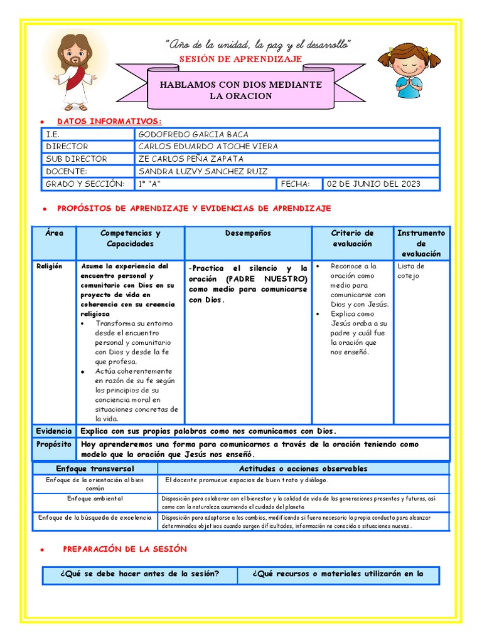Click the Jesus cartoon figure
click(75, 70)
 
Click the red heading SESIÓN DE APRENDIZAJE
click(241, 59)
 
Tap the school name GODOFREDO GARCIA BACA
click(193, 134)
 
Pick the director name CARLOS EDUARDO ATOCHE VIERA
click(208, 146)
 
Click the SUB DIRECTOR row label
click(77, 159)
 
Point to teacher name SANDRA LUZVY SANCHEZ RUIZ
click(203, 171)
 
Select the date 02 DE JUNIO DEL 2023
click(373, 184)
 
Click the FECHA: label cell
click(297, 184)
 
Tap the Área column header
click(55, 233)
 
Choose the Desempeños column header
click(249, 233)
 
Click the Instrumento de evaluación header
click(421, 243)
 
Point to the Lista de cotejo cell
click(411, 271)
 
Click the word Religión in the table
click(49, 266)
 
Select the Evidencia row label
click(54, 431)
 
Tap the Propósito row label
click(54, 444)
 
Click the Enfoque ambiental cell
click(95, 498)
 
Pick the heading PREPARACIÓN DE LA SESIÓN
click(125, 549)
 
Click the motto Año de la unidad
click(258, 45)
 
